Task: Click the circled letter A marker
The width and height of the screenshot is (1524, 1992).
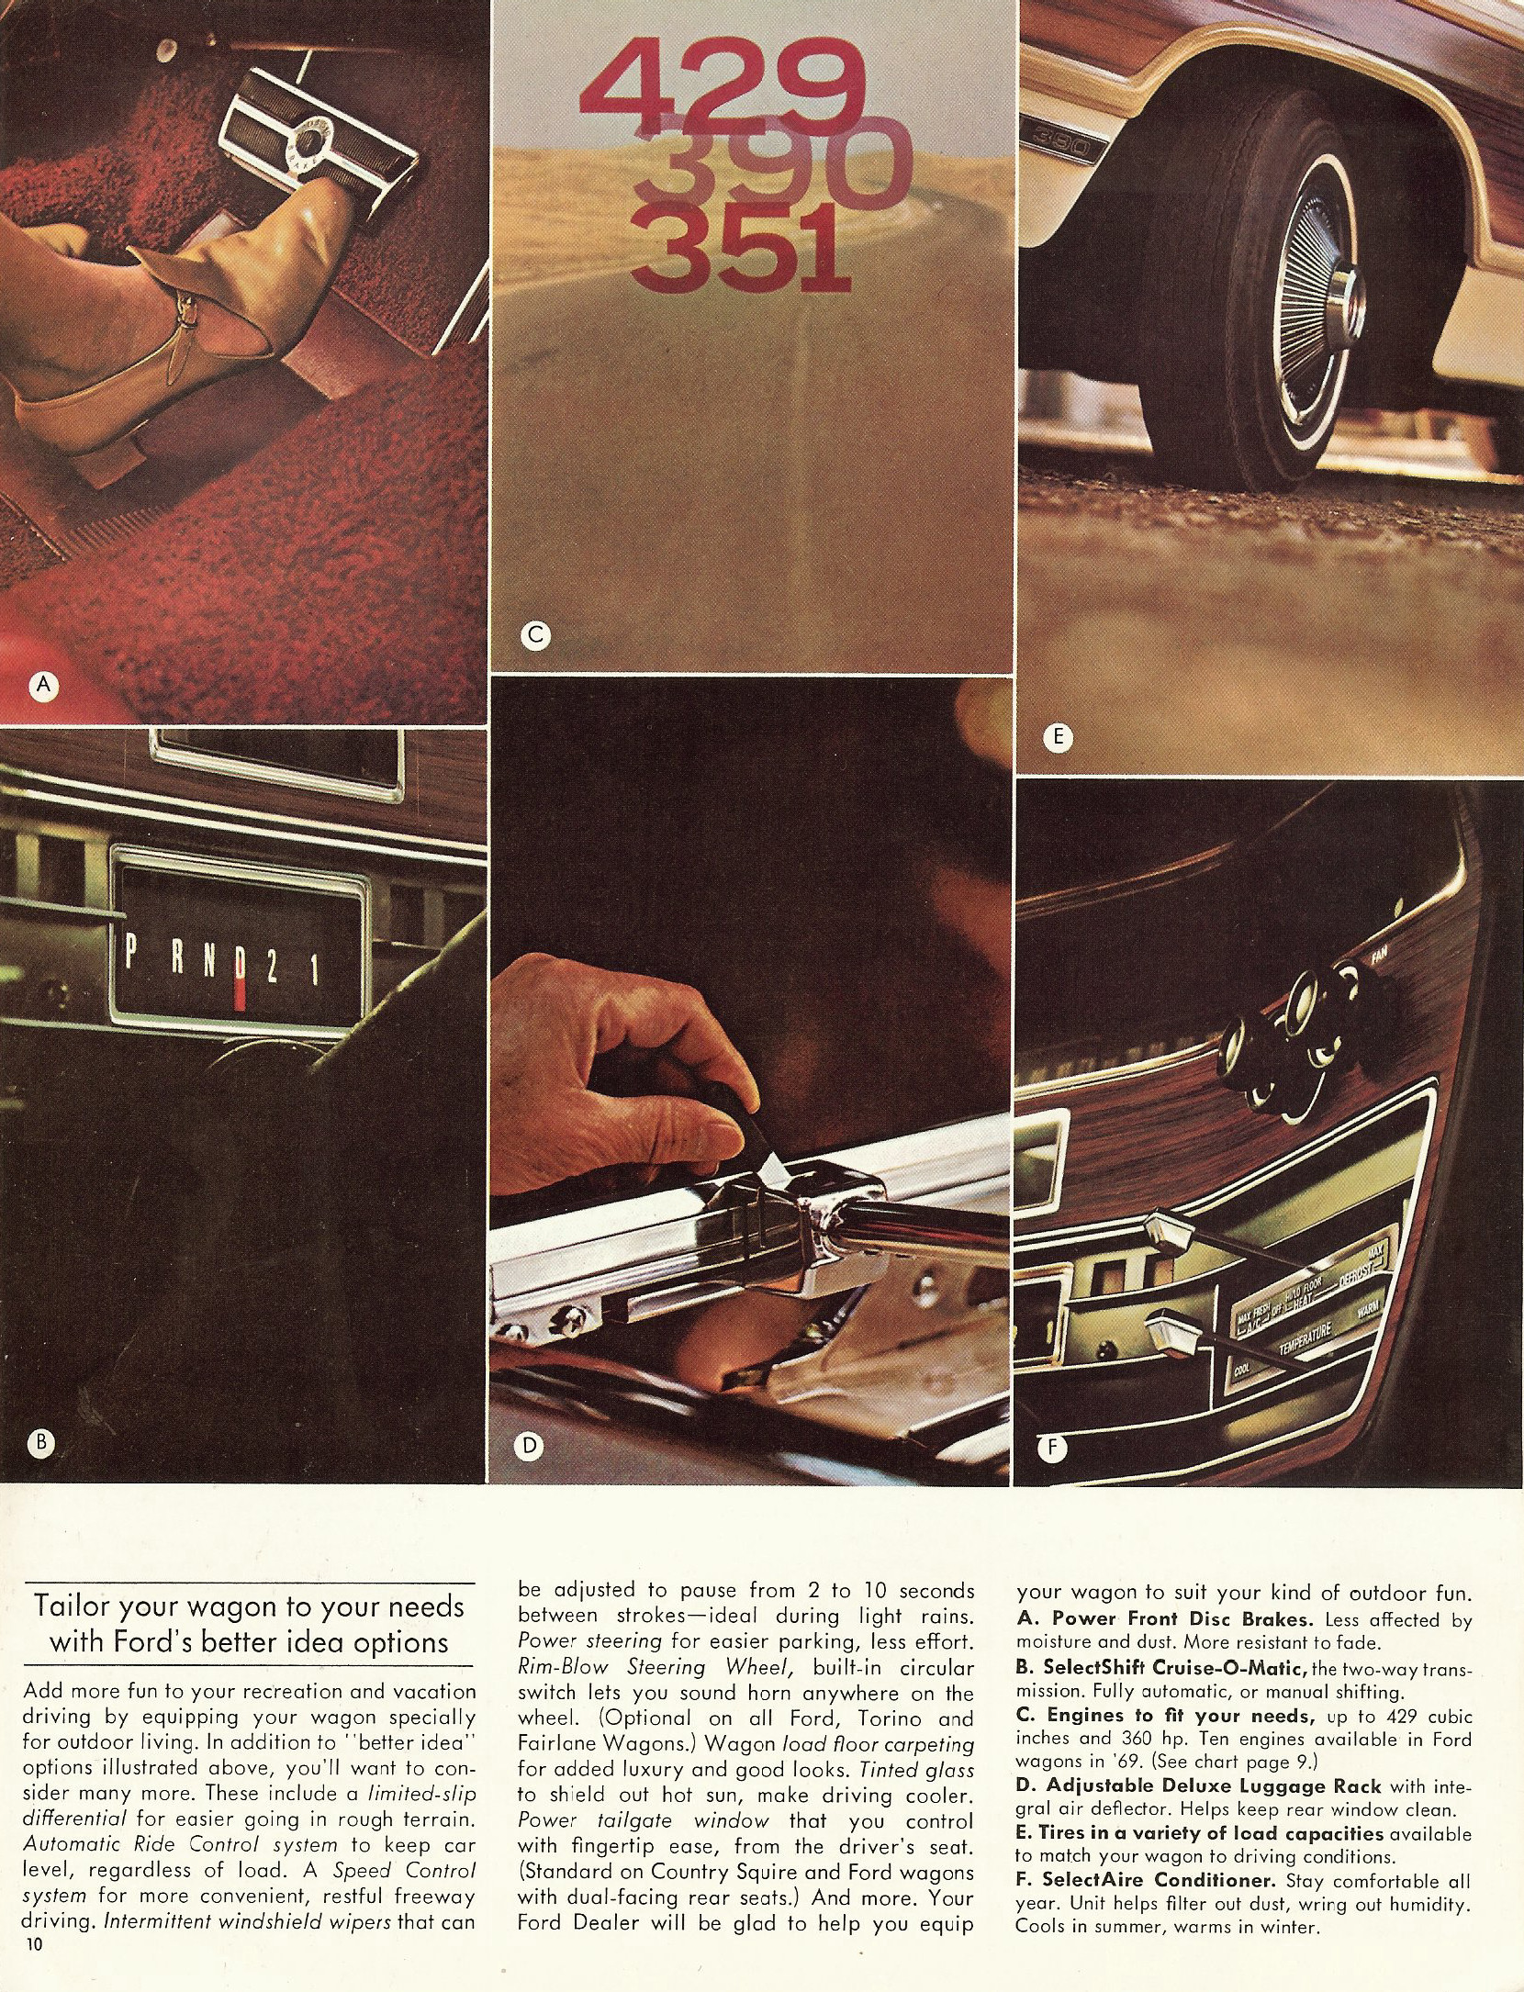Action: [x=43, y=683]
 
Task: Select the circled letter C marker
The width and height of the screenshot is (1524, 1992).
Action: [x=533, y=633]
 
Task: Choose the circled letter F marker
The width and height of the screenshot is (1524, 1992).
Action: [x=1052, y=1449]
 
